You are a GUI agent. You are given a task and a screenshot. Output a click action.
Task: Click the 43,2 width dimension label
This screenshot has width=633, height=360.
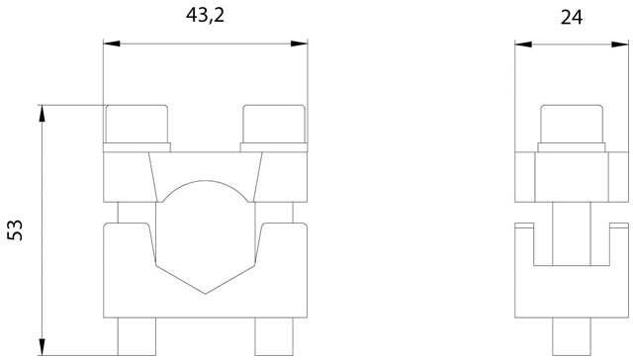pos(205,16)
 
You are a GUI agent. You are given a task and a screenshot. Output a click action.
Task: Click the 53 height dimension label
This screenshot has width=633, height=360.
pos(16,230)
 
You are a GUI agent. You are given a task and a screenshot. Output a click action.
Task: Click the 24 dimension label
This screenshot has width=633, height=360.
pos(572,18)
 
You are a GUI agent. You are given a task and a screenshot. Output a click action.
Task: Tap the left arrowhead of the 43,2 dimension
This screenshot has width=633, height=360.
pos(112,44)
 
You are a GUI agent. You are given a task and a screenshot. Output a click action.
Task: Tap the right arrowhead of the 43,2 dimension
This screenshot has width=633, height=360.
pos(299,44)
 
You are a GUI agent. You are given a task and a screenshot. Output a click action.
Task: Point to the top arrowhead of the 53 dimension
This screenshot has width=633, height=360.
pos(42,114)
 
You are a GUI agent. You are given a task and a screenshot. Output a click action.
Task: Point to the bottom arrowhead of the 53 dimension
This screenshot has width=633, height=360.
pos(42,347)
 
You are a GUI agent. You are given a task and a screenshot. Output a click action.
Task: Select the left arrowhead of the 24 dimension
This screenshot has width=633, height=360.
pos(523,44)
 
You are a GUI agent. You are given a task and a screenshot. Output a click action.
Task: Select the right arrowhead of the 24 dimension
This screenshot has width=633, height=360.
pos(620,44)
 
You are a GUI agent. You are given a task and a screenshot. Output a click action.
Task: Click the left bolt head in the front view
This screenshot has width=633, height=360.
pos(136,124)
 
